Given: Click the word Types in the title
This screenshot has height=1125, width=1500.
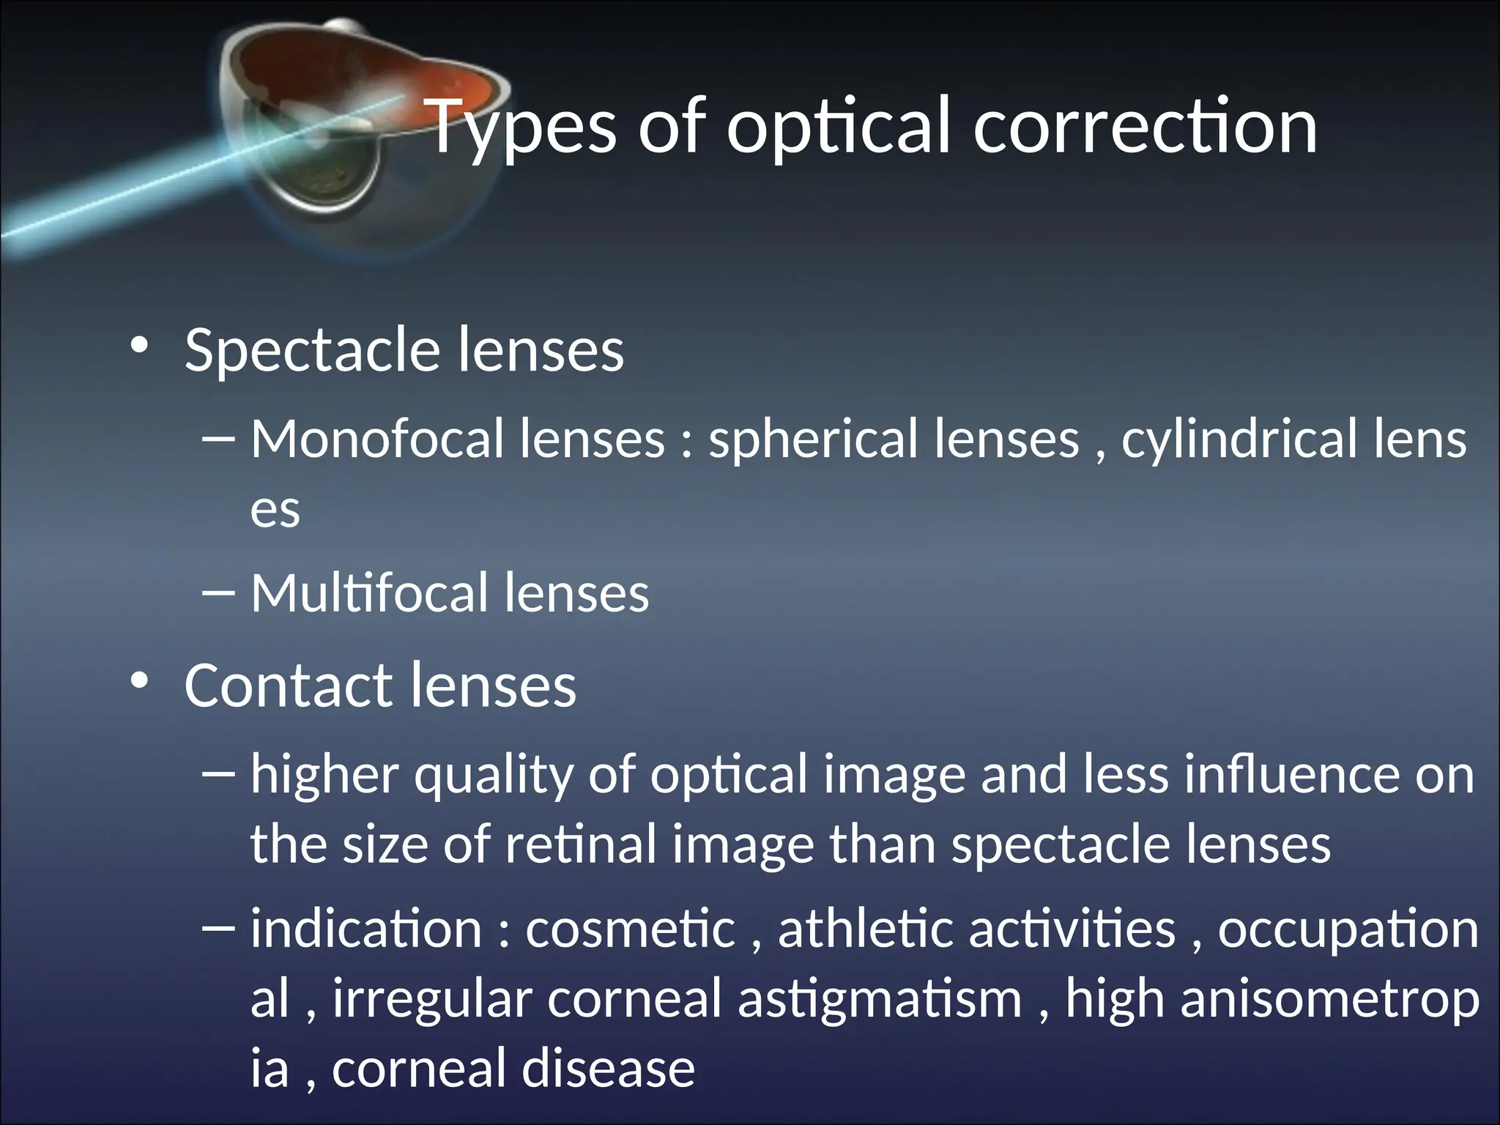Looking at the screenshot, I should [x=521, y=128].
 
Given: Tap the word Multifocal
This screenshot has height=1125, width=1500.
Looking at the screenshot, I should [x=370, y=593].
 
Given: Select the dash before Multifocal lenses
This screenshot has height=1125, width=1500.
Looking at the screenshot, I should [x=218, y=593].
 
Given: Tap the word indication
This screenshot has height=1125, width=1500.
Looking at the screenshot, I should [x=365, y=929].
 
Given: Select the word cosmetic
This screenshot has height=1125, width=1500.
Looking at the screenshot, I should [x=630, y=929].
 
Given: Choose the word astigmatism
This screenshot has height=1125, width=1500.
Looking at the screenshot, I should [x=879, y=1000].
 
